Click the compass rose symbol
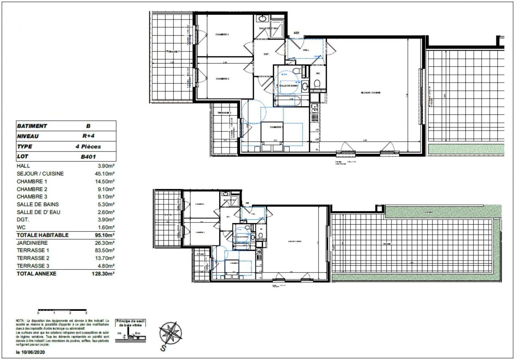171,334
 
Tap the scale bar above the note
62,310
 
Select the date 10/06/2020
31,352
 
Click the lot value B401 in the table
88,156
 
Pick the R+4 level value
88,136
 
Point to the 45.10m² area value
103,174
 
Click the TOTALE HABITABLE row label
43,235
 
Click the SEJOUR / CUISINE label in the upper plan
371,93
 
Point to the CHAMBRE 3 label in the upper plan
222,35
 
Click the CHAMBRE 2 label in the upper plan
222,79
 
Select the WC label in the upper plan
317,74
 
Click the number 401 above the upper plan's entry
297,33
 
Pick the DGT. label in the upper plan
266,54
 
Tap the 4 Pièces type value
88,147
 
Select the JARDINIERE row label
32,243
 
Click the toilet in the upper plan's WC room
317,83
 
